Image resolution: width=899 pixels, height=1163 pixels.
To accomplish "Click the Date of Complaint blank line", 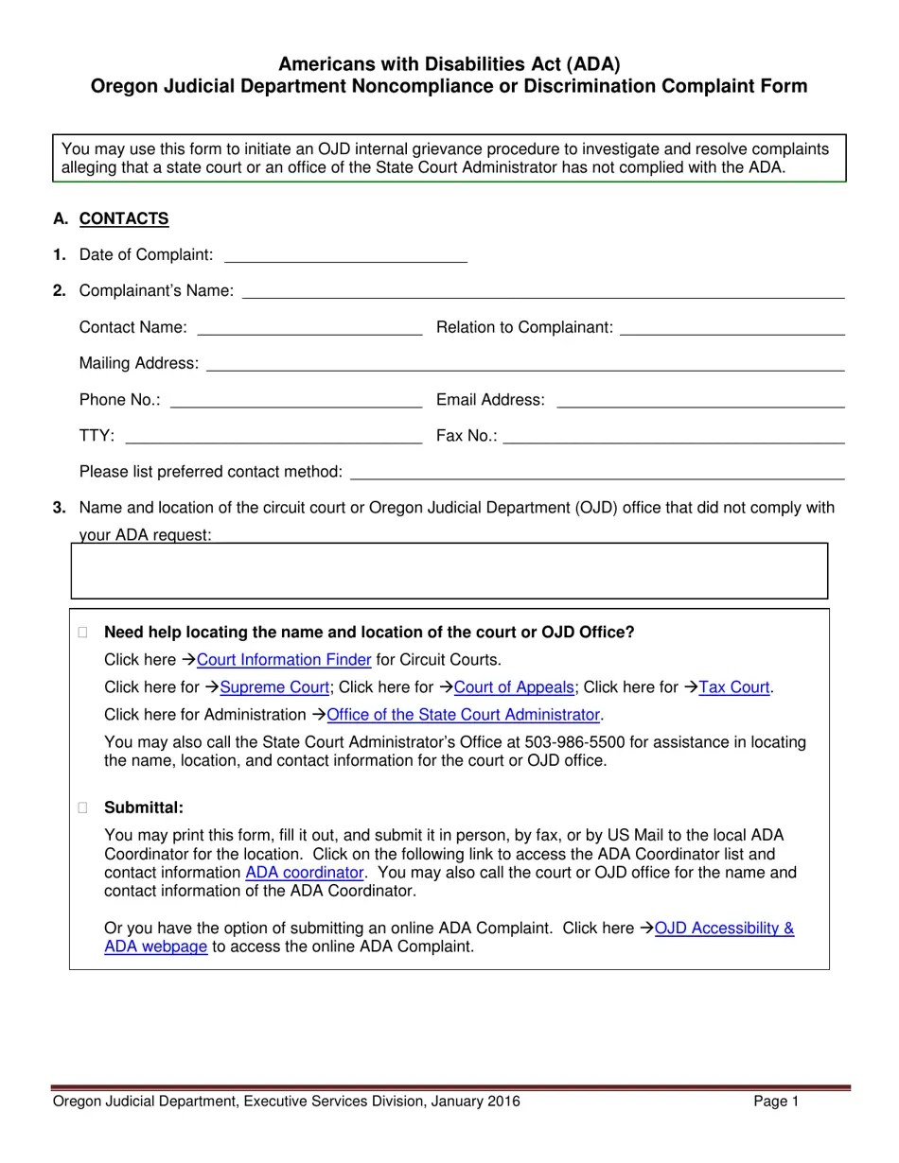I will click(345, 254).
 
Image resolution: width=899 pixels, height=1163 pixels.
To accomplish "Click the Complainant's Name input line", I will click(542, 290).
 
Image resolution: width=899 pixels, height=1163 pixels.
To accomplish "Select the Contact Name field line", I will click(309, 327).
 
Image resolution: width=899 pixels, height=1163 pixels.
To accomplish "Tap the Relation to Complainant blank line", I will click(732, 327).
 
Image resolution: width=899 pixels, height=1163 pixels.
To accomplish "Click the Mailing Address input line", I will click(524, 363).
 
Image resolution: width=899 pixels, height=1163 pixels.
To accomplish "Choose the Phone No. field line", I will click(295, 400).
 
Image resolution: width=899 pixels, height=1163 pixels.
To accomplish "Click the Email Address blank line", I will click(700, 400).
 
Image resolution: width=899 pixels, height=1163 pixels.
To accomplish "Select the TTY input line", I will click(273, 436).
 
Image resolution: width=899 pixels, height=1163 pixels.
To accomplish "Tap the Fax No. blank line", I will click(674, 436).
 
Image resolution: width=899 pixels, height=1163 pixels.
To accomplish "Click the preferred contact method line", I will click(597, 472).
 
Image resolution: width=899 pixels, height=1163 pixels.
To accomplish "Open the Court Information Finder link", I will click(284, 660).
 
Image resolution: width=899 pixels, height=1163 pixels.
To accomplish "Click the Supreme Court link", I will click(274, 687).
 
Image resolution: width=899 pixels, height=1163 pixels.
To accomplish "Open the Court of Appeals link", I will click(514, 687).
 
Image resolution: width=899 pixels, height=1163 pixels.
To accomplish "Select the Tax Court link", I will click(734, 687).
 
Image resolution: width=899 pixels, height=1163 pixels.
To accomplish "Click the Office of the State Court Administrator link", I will click(463, 715).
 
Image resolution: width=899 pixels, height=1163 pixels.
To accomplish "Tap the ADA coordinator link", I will click(304, 873).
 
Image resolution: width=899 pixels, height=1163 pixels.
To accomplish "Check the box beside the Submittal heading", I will click(83, 807).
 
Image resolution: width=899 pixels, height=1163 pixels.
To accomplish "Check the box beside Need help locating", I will click(83, 633).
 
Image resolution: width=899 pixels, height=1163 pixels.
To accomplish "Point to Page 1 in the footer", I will click(776, 1102).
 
